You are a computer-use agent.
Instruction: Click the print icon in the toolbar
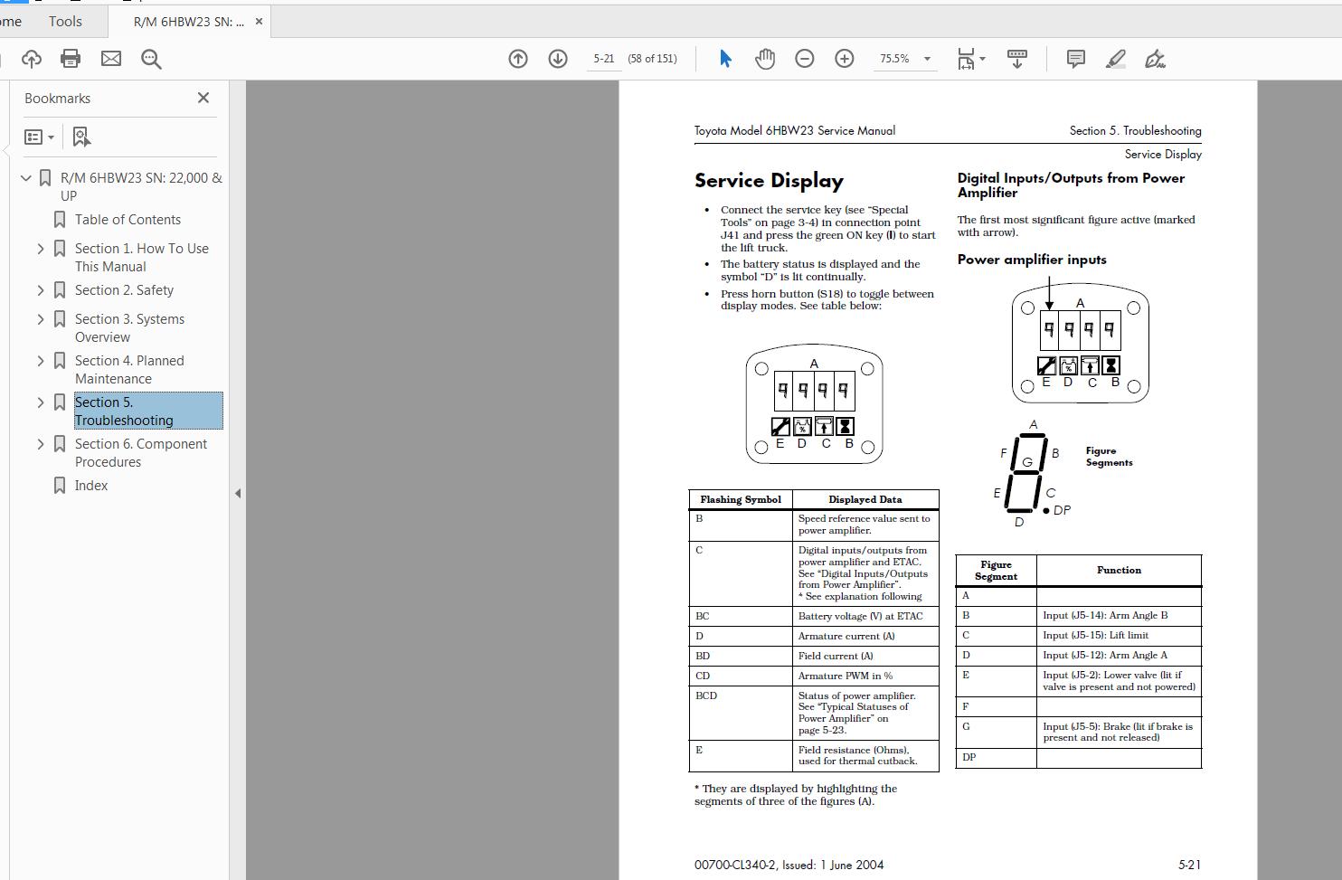pyautogui.click(x=71, y=59)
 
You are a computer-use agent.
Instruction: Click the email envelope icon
pyautogui.click(x=111, y=59)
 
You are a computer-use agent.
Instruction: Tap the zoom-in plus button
pyautogui.click(x=844, y=59)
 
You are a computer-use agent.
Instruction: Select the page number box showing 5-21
pyautogui.click(x=603, y=59)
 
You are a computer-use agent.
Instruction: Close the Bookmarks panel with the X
pyautogui.click(x=203, y=98)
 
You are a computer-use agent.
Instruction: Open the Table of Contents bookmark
pyautogui.click(x=128, y=220)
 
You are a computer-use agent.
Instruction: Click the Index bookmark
pyautogui.click(x=91, y=486)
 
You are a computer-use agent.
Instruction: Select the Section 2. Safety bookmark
pyautogui.click(x=124, y=290)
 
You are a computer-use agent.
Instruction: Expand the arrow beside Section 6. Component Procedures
pyautogui.click(x=41, y=444)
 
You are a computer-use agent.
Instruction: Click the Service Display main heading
pyautogui.click(x=769, y=181)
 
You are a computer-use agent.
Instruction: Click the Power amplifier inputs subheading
pyautogui.click(x=1032, y=260)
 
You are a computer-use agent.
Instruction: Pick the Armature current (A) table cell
pyautogui.click(x=846, y=636)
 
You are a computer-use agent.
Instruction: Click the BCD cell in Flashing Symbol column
pyautogui.click(x=706, y=695)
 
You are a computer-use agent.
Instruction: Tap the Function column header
pyautogui.click(x=1119, y=570)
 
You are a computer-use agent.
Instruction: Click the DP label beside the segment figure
pyautogui.click(x=1062, y=510)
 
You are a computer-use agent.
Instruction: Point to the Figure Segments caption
pyautogui.click(x=1109, y=457)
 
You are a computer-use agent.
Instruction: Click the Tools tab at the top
pyautogui.click(x=65, y=21)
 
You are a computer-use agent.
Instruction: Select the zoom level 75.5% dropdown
pyautogui.click(x=905, y=59)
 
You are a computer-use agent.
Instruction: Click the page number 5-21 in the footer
pyautogui.click(x=1189, y=865)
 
